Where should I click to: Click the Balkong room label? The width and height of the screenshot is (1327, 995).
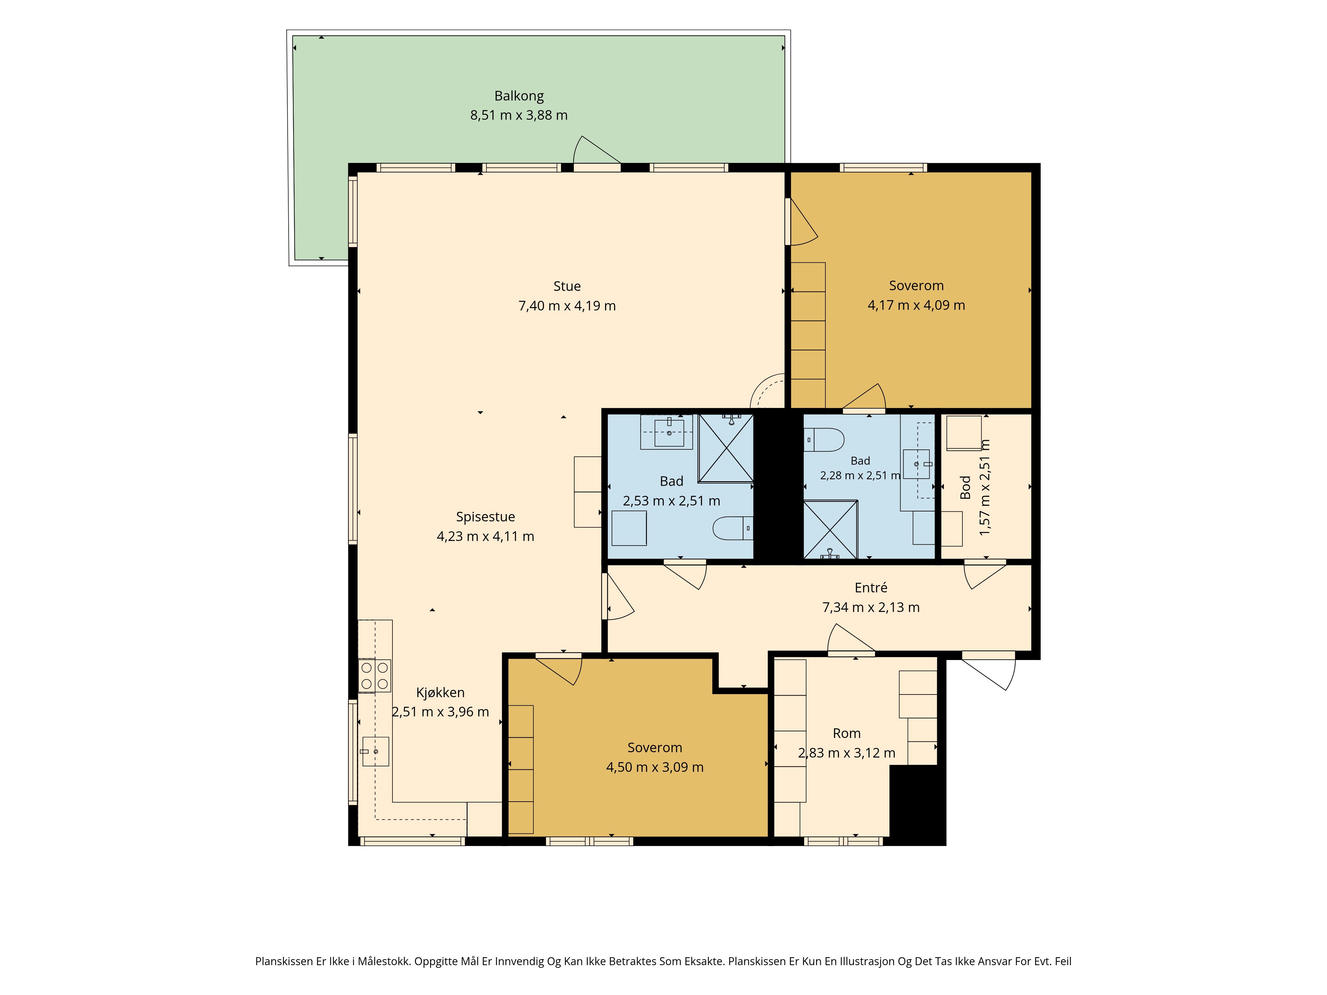519,96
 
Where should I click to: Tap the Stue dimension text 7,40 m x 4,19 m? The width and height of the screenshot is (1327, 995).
567,306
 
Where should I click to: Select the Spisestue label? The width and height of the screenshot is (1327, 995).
485,517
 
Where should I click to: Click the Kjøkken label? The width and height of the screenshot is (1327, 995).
440,693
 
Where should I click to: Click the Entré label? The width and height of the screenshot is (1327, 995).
871,588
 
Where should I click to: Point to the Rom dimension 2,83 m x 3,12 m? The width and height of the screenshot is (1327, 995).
847,753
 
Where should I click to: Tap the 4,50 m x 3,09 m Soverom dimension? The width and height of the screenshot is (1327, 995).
655,767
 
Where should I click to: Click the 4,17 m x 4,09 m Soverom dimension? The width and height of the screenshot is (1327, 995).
916,305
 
